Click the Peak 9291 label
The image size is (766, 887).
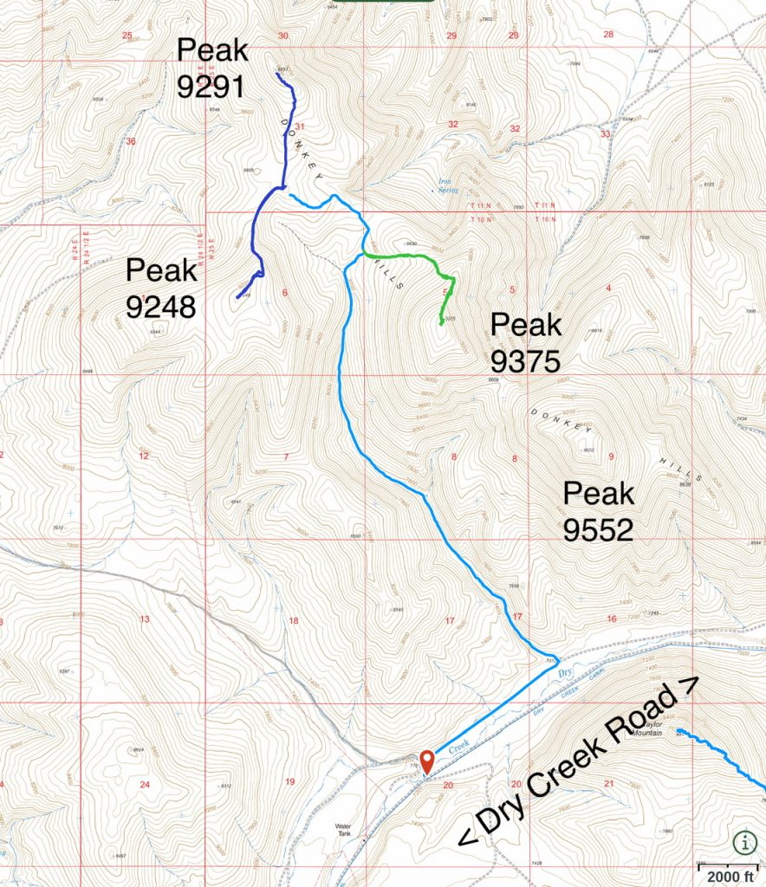click(x=212, y=68)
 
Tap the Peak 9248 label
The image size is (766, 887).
click(x=162, y=288)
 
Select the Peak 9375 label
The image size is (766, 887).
click(x=526, y=342)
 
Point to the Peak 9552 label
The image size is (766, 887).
click(x=599, y=511)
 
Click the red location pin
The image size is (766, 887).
click(x=426, y=762)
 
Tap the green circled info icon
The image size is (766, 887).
click(x=743, y=841)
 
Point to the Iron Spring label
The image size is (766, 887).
click(x=447, y=184)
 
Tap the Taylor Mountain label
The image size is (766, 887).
click(x=669, y=728)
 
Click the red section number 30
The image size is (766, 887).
click(x=282, y=36)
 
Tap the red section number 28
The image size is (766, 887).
click(x=607, y=35)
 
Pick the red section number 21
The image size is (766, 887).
click(x=608, y=784)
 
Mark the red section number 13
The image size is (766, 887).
click(x=145, y=618)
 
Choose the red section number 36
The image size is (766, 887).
click(x=131, y=141)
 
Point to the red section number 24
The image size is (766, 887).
click(x=145, y=785)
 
